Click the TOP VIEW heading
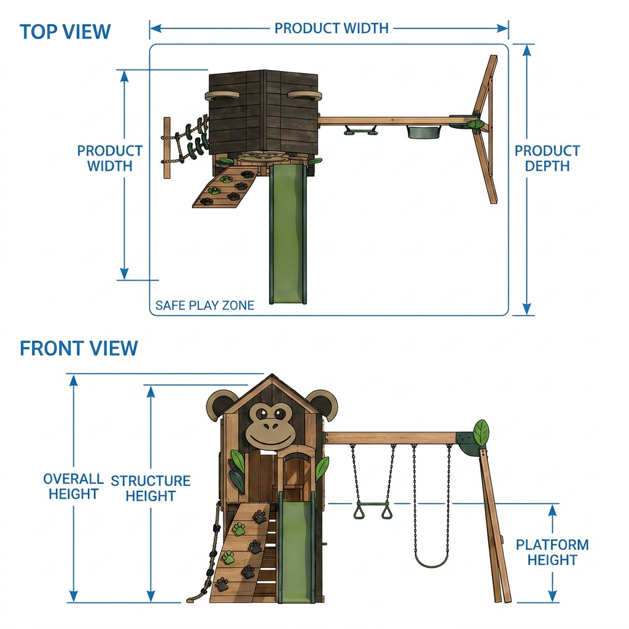coord(65,32)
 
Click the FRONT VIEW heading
coord(79,348)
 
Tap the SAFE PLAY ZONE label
coord(205,305)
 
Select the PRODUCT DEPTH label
coord(547,158)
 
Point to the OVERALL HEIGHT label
coord(74,486)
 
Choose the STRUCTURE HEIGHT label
coord(150,488)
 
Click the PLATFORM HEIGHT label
coord(552,552)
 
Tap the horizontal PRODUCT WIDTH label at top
coord(331,28)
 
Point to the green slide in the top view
coord(288,233)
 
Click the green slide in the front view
coord(297,551)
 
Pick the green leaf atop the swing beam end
coord(481,432)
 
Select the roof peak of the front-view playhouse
coord(272,375)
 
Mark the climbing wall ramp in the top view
coord(225,187)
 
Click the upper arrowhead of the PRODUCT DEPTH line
coord(528,50)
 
